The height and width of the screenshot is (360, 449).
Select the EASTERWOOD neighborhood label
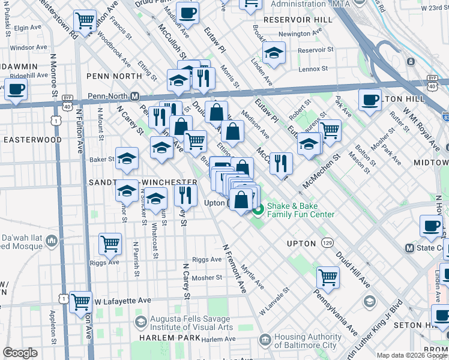point(32,139)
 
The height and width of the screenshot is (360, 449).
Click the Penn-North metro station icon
point(136,97)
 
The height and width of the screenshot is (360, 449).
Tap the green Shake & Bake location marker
point(258,209)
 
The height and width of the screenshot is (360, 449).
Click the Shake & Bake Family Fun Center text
point(301,209)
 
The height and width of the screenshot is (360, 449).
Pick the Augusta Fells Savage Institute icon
point(140,323)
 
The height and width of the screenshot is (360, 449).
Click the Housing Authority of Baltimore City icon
point(265,341)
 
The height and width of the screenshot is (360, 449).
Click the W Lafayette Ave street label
point(122,301)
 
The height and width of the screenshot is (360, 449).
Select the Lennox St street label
point(313,69)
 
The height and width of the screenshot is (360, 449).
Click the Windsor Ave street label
point(29,47)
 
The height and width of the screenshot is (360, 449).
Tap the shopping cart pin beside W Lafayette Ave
point(80,302)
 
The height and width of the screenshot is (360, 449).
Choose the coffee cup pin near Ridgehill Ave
point(16,89)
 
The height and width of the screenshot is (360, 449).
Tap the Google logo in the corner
point(20,353)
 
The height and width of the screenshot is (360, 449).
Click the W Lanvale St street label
point(275,301)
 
